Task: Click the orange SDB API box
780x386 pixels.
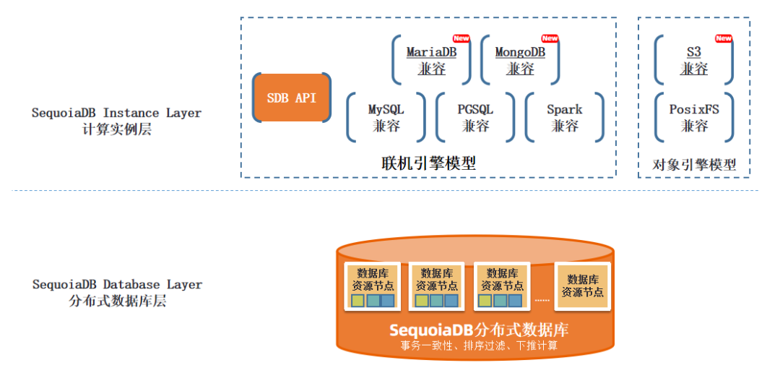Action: [291, 98]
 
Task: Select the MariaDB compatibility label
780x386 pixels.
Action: [431, 60]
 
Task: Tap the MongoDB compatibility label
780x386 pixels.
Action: [520, 60]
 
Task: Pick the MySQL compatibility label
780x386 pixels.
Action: [386, 117]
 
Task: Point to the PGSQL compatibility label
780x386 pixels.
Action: [475, 117]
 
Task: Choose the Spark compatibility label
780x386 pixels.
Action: [564, 117]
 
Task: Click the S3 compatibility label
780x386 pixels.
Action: [694, 60]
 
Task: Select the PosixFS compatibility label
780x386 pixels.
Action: [694, 117]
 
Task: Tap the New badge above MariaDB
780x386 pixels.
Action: [461, 38]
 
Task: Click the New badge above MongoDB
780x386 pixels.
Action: [550, 38]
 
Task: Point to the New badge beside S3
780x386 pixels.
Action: [723, 38]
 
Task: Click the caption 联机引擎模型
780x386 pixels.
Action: [428, 163]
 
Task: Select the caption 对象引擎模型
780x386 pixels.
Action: [694, 164]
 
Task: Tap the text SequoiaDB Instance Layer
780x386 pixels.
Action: [116, 113]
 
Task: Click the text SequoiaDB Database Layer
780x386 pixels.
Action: [117, 284]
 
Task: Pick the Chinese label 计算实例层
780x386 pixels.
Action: [116, 130]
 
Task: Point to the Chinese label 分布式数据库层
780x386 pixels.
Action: [117, 301]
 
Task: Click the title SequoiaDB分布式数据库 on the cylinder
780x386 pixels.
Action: [479, 330]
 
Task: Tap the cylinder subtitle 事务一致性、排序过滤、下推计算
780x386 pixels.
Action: [479, 346]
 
